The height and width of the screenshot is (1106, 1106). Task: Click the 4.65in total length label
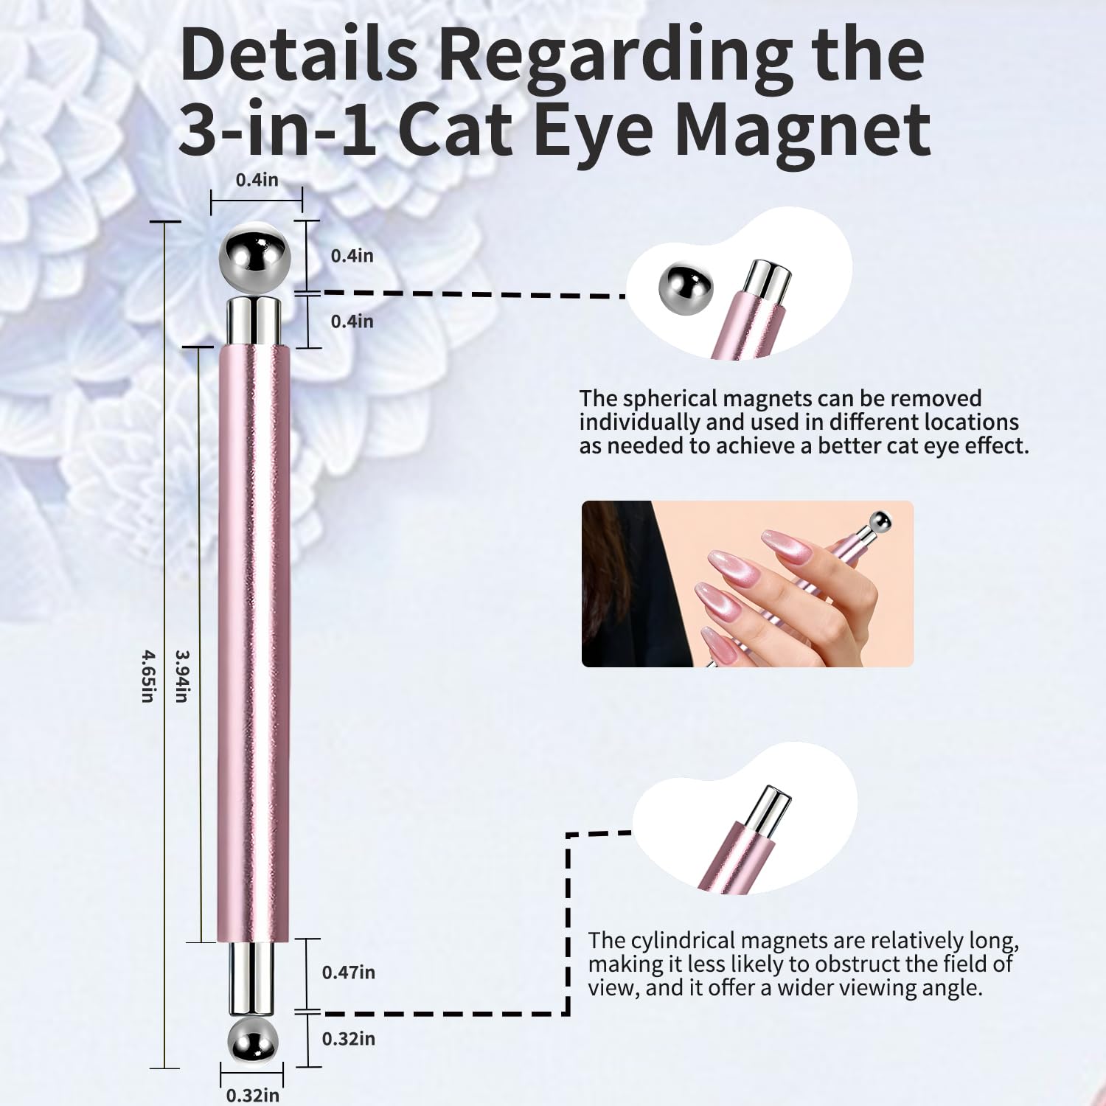(147, 675)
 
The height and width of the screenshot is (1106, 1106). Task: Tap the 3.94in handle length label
(181, 675)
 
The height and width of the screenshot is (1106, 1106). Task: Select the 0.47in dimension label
(348, 972)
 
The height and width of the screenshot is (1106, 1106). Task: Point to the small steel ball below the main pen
(253, 1043)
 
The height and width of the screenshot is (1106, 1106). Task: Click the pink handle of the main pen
(254, 644)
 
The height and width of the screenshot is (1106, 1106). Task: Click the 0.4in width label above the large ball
(257, 179)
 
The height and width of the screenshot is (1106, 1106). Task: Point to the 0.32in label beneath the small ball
(253, 1095)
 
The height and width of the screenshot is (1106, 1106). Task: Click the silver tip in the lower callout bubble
(766, 811)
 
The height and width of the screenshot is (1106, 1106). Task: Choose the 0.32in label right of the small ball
(348, 1038)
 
